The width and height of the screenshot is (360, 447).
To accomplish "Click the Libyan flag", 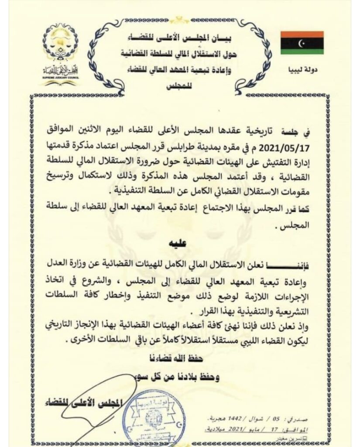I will [302, 42].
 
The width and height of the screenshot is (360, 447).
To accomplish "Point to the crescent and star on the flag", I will [302, 42].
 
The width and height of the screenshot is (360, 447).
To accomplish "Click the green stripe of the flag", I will [302, 51].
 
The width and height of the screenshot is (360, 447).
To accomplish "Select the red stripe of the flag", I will [302, 34].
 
